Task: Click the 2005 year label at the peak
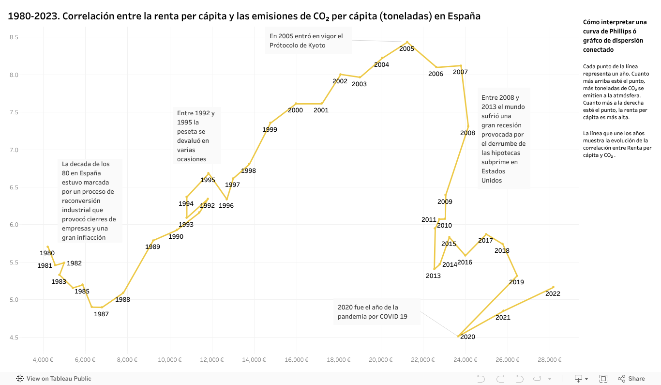click(x=406, y=48)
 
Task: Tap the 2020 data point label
click(x=467, y=337)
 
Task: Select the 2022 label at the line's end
click(x=553, y=293)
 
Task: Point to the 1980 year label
click(x=47, y=253)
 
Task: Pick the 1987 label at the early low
click(x=101, y=314)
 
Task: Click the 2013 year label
click(x=433, y=276)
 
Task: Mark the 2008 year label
click(x=467, y=133)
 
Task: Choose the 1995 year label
click(x=208, y=180)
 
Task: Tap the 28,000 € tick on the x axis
click(x=550, y=360)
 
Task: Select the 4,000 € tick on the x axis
click(x=43, y=360)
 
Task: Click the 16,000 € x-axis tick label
click(x=296, y=360)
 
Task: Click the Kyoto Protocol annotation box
click(x=308, y=41)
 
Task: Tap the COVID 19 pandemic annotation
click(x=376, y=312)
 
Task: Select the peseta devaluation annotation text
click(x=196, y=136)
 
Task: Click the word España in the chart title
click(x=464, y=16)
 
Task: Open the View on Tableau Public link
click(x=54, y=379)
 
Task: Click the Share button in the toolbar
click(x=631, y=379)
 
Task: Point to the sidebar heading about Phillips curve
click(x=615, y=36)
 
